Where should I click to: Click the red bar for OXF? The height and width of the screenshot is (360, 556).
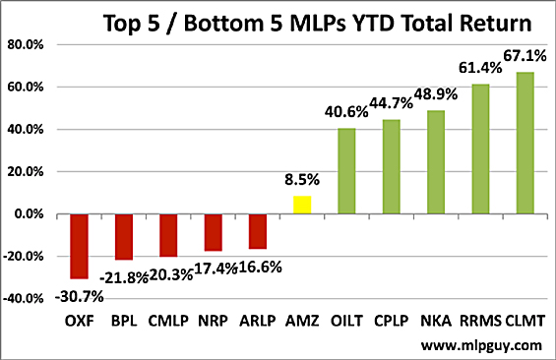point(78,246)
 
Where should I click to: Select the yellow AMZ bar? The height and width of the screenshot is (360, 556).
point(303,205)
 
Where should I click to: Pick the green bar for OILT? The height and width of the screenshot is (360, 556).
point(347,171)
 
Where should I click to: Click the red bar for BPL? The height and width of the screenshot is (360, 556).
point(123,236)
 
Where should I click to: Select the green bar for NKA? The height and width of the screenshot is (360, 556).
point(437,162)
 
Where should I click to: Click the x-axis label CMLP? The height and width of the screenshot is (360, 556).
point(168,322)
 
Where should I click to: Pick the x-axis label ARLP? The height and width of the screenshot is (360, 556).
point(258,322)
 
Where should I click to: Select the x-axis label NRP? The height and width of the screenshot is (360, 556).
point(214,322)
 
